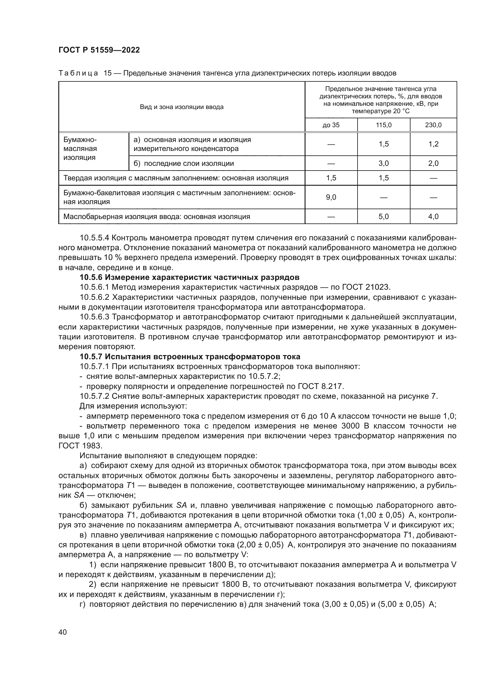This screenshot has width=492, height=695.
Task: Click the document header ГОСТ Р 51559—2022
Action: (x=99, y=50)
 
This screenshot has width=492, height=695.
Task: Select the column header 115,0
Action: (x=383, y=125)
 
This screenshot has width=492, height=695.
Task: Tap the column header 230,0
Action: (x=433, y=125)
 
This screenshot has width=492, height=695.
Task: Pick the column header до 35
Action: (x=331, y=125)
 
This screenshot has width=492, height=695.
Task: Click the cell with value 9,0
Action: (x=331, y=197)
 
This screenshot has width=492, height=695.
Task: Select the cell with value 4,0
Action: (x=433, y=217)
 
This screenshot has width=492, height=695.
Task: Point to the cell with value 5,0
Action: (x=383, y=217)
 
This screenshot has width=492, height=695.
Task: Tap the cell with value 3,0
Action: (x=383, y=163)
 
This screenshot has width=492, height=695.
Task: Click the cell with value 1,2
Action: (x=433, y=144)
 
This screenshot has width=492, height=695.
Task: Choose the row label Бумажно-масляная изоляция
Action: (x=80, y=149)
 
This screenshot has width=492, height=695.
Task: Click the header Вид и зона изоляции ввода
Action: (x=181, y=107)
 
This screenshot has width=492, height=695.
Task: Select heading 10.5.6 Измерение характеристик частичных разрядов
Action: (x=190, y=277)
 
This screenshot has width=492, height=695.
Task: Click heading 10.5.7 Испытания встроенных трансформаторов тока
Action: (x=190, y=356)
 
